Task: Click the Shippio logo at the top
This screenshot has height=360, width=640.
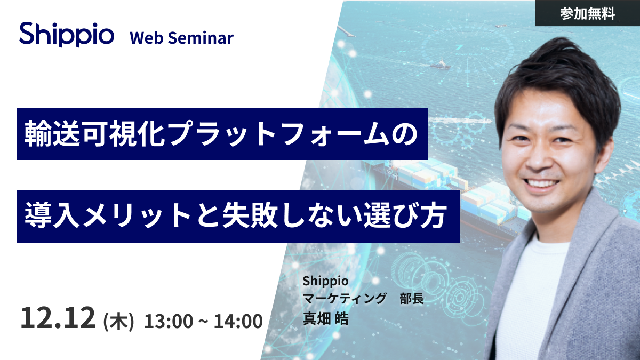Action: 67,35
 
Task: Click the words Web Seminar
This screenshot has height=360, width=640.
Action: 182,38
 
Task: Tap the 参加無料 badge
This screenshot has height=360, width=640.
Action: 587,13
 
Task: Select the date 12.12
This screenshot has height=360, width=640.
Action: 58,317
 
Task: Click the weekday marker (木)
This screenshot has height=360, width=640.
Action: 118,322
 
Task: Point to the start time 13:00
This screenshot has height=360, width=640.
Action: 169,321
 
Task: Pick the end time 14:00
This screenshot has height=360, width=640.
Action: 238,321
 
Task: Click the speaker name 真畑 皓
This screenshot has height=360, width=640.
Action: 326,318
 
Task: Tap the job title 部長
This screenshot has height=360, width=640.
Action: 412,299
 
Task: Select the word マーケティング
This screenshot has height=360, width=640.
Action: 345,299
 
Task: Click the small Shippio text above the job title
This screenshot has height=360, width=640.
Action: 326,281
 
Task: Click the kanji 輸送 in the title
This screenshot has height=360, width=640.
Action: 52,133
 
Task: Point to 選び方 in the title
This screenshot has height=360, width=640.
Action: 405,215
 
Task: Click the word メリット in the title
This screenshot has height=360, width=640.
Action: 137,215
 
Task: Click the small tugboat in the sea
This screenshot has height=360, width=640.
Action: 441,65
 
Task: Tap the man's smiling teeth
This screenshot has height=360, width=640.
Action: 541,183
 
